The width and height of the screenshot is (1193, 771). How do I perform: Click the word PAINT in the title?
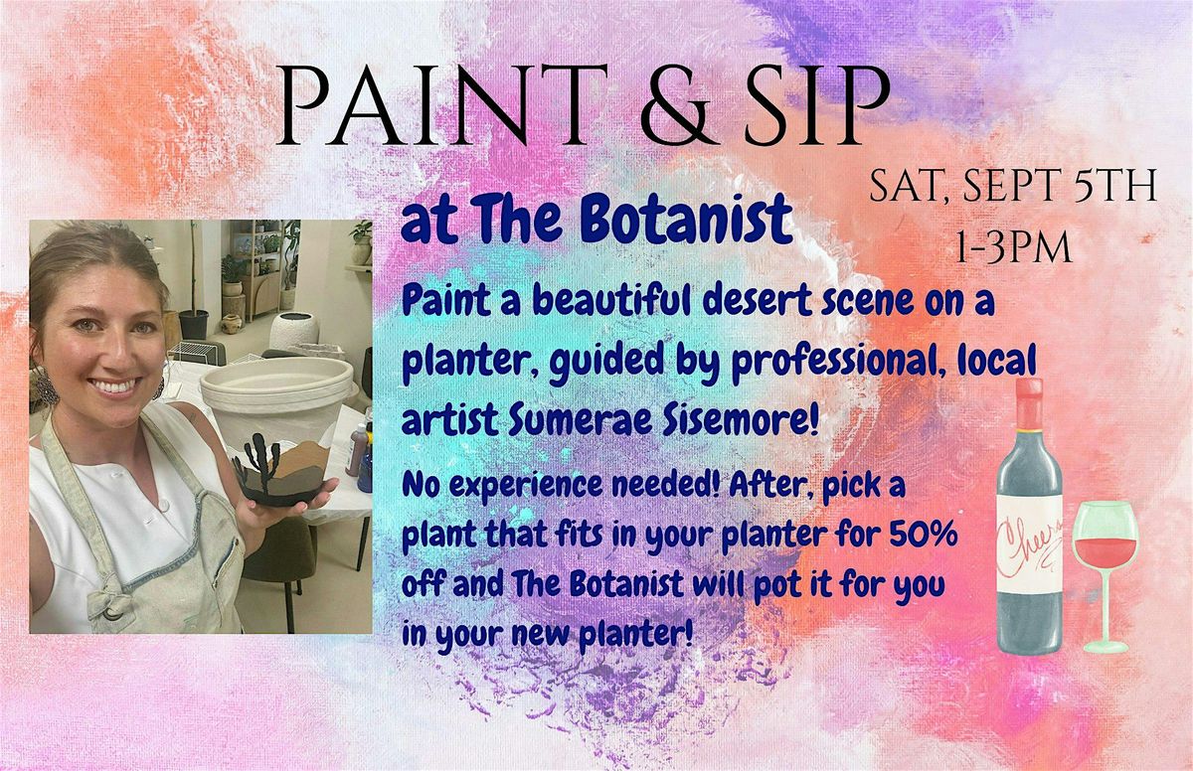click(442, 106)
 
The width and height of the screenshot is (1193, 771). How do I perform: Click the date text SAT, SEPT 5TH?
click(1013, 186)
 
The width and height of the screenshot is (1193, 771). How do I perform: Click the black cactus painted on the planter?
click(259, 462)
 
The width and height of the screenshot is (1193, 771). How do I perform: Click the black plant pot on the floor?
click(193, 324)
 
